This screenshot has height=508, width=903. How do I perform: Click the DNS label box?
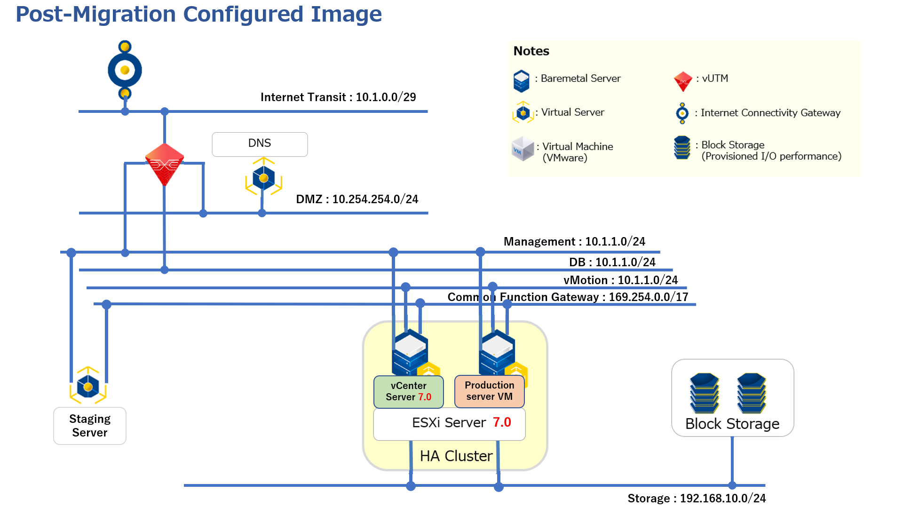(260, 144)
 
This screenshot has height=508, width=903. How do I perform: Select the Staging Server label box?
(90, 426)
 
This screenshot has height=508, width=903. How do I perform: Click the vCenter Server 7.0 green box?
(408, 391)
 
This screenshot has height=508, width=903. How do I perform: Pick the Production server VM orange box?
(489, 391)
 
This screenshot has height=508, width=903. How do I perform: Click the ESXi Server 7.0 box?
(449, 423)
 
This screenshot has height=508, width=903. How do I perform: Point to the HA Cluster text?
(456, 456)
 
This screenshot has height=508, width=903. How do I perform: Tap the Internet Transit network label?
(338, 97)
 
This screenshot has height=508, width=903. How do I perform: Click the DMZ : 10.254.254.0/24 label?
(357, 199)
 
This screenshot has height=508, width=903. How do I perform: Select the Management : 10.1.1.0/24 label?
(574, 242)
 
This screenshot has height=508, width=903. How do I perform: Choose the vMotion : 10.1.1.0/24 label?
(620, 280)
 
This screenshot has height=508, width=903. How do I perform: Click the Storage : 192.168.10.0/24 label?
(697, 498)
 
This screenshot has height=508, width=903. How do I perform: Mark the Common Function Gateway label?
(568, 297)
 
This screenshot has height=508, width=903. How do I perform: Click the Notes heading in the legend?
(531, 51)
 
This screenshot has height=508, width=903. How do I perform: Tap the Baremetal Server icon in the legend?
(521, 81)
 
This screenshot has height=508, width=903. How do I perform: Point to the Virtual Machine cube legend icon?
(523, 149)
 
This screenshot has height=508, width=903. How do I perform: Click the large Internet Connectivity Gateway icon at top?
(125, 70)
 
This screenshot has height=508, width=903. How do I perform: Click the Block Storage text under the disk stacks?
(732, 424)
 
